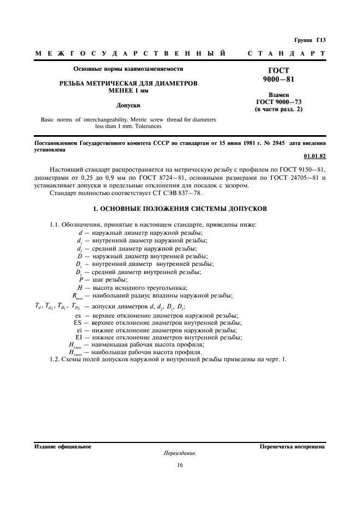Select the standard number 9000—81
pyautogui.click(x=282, y=79)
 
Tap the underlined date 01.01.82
pyautogui.click(x=315, y=156)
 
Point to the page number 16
pyautogui.click(x=179, y=465)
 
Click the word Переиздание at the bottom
pyautogui.click(x=179, y=453)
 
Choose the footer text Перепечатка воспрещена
pyautogui.click(x=292, y=446)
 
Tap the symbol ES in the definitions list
pyautogui.click(x=78, y=323)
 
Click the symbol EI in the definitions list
pyautogui.click(x=78, y=337)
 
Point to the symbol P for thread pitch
pyautogui.click(x=80, y=280)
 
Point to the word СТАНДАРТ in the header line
pyautogui.click(x=286, y=53)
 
